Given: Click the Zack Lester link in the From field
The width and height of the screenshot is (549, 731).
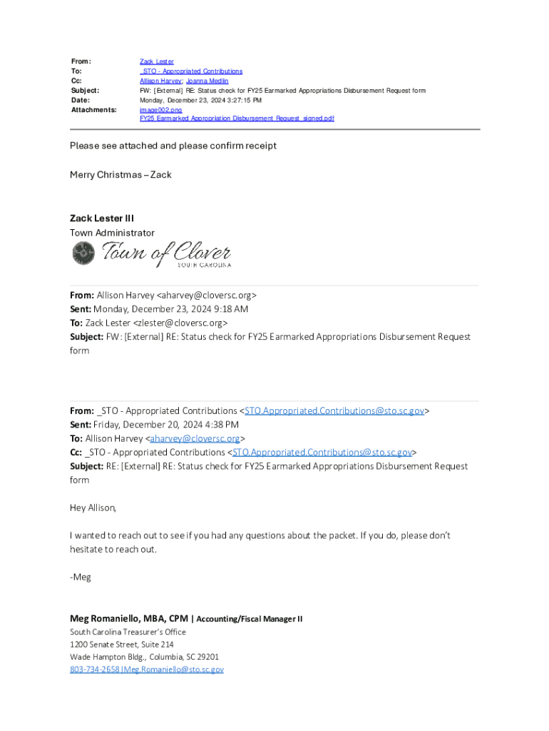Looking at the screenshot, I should point(156,62).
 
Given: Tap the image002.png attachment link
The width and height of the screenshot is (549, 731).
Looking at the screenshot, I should point(160,110).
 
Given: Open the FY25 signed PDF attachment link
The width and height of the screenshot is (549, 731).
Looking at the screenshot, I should point(237,119).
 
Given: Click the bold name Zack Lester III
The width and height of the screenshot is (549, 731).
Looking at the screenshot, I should point(102,218).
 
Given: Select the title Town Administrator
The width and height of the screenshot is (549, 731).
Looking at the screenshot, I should point(112,233).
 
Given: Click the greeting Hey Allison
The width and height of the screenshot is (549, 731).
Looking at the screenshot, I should point(93,508).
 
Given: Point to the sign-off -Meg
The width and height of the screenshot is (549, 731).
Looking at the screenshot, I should point(81,577).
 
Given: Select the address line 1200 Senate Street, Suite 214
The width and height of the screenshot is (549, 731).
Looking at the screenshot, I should point(121,645).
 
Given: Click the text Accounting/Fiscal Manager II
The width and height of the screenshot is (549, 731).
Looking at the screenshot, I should point(249,619).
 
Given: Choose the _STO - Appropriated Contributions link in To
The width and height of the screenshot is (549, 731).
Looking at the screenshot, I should point(190,71).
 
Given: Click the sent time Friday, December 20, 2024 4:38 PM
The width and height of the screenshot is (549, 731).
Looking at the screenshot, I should point(166,425).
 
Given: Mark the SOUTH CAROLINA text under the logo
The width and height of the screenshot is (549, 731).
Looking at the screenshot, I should point(204,266).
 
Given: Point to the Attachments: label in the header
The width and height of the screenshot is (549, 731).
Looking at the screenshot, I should point(93,110).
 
